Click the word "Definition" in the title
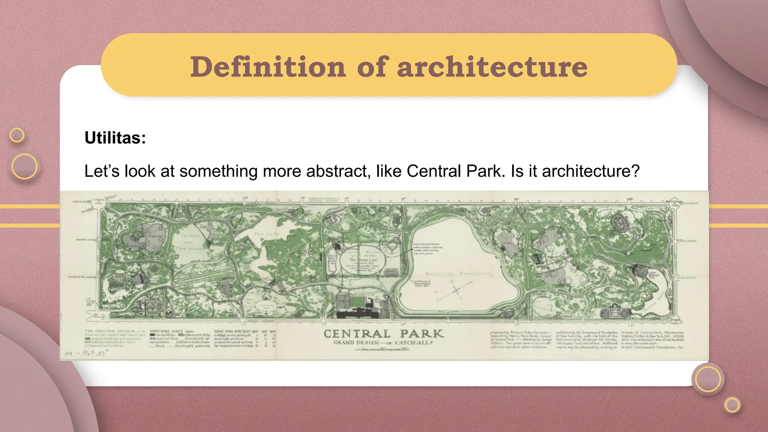pos(268,67)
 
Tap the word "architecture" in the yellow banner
pos(492,67)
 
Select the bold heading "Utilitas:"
pos(115,138)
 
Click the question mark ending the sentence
pos(635,171)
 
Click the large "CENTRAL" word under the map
pos(357,334)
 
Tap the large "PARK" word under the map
pos(422,334)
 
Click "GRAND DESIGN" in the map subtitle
pos(356,343)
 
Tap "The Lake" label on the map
pos(266,234)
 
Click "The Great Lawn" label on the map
pos(363,259)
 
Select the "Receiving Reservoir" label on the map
pos(457,274)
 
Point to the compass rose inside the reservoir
pos(455,290)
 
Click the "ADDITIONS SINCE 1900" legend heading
pos(171,331)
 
